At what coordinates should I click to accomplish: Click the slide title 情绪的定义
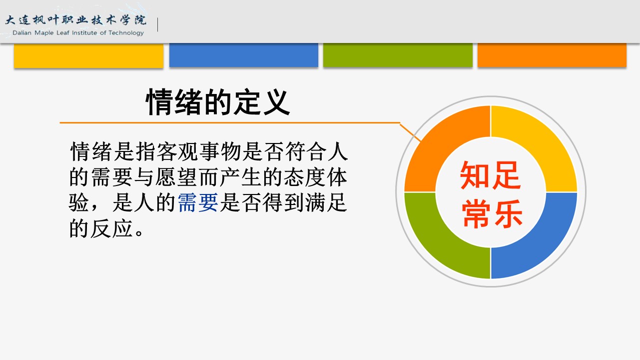click(x=218, y=102)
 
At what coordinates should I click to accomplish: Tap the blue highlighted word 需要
click(x=198, y=202)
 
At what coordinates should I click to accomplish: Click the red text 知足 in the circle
click(x=490, y=175)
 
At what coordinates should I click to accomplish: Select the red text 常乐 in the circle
click(x=492, y=214)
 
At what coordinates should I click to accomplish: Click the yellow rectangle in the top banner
click(x=88, y=55)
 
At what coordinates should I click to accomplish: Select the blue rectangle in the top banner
click(x=244, y=55)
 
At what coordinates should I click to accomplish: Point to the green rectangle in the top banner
click(x=398, y=55)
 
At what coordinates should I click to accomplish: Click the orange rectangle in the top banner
click(x=552, y=55)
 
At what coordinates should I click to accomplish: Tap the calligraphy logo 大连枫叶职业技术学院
click(x=76, y=20)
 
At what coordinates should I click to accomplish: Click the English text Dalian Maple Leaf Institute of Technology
click(x=78, y=33)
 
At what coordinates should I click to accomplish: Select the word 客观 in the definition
click(x=177, y=151)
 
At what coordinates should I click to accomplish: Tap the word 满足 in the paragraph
click(x=327, y=202)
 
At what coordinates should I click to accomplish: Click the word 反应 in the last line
click(x=112, y=228)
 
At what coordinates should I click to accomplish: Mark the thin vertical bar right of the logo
click(x=158, y=24)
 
